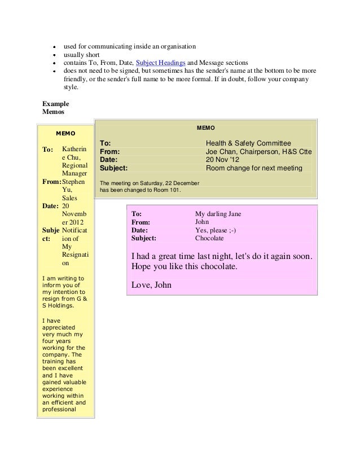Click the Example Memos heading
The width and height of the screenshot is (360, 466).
point(56,109)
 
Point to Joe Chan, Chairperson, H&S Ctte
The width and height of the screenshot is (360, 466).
point(259,152)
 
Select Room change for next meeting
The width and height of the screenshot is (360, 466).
point(254,168)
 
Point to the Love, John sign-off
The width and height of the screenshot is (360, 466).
point(151,285)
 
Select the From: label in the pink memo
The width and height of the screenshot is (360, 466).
point(141,222)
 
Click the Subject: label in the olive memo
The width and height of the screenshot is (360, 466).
point(114,168)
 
